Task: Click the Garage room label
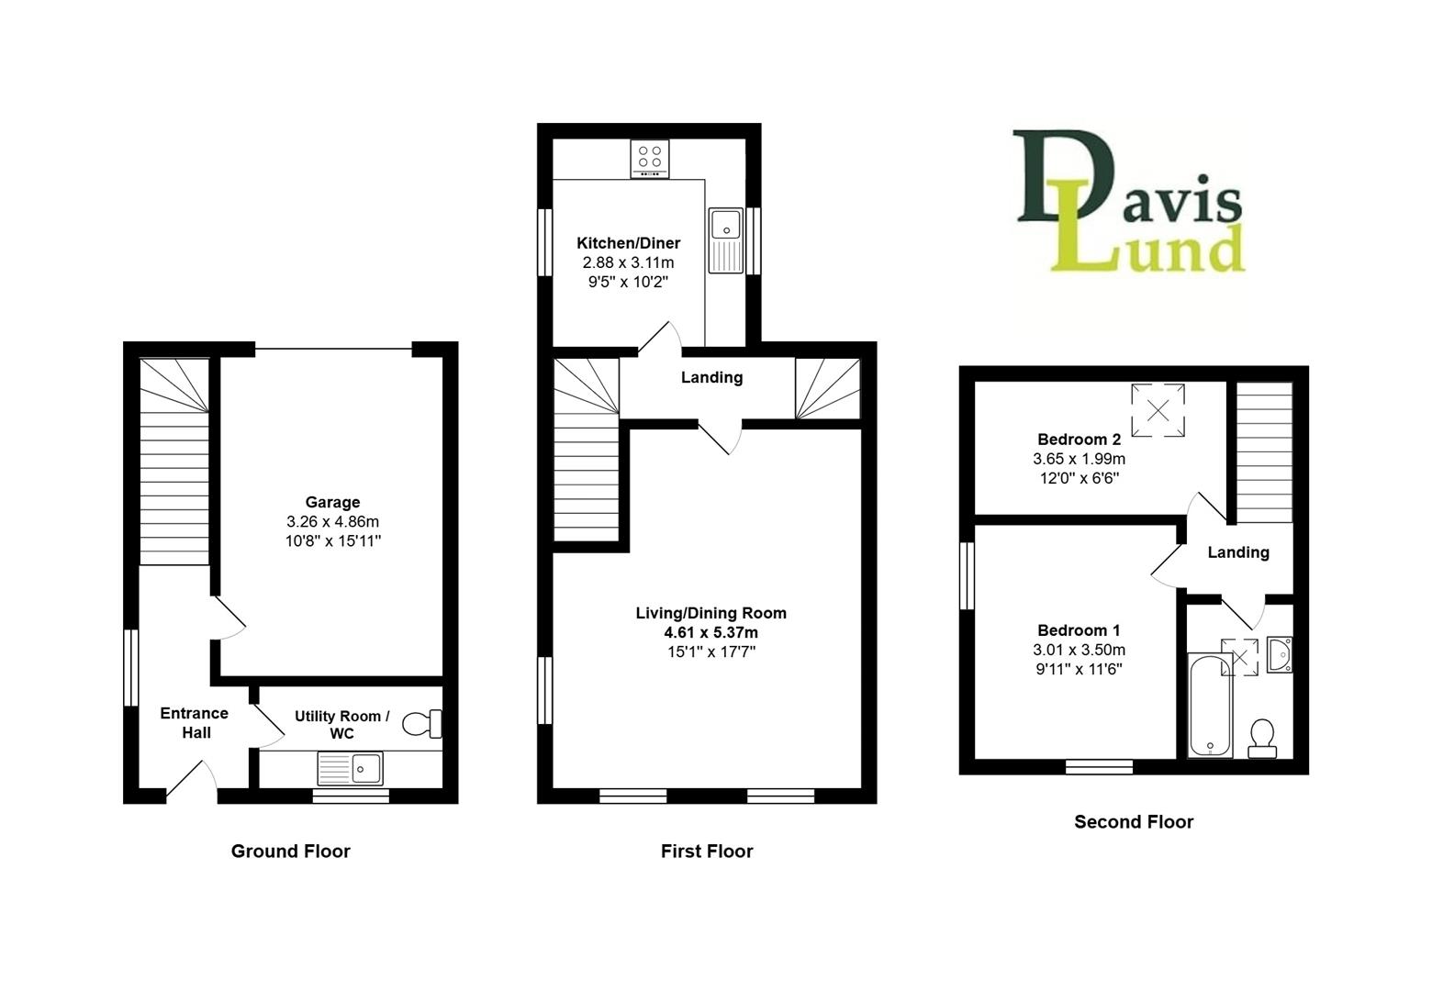pyautogui.click(x=332, y=502)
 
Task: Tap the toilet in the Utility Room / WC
pyautogui.click(x=424, y=724)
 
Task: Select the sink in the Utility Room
pyautogui.click(x=351, y=767)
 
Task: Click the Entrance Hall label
pyautogui.click(x=194, y=723)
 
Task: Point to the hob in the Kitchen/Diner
pyautogui.click(x=650, y=159)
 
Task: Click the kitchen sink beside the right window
pyautogui.click(x=726, y=240)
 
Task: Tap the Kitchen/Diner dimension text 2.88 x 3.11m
pyautogui.click(x=628, y=262)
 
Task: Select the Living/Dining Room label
pyautogui.click(x=710, y=613)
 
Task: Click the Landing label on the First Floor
pyautogui.click(x=711, y=377)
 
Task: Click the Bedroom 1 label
pyautogui.click(x=1079, y=630)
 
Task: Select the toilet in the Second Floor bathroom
pyautogui.click(x=1262, y=738)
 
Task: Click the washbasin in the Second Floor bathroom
pyautogui.click(x=1280, y=655)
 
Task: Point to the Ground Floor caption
pyautogui.click(x=290, y=852)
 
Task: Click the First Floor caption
pyautogui.click(x=706, y=852)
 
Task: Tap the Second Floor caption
pyautogui.click(x=1134, y=822)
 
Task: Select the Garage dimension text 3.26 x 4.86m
pyautogui.click(x=332, y=521)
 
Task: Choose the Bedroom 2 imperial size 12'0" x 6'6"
pyautogui.click(x=1079, y=478)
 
